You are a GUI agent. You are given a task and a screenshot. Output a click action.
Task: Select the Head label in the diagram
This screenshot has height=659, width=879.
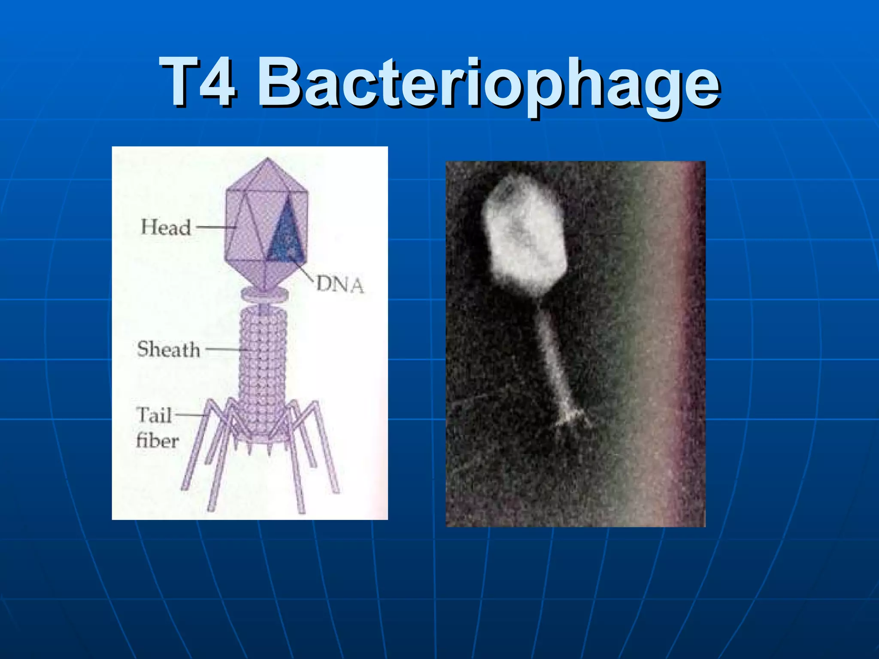tap(166, 227)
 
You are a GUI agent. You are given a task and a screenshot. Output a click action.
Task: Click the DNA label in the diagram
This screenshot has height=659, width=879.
tap(340, 285)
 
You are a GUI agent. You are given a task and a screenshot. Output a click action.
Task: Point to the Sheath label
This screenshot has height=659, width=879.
tap(168, 349)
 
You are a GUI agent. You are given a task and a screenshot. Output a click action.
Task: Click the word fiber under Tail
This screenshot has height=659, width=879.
tap(157, 441)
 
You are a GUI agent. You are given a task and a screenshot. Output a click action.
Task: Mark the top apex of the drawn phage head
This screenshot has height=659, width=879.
tap(268, 159)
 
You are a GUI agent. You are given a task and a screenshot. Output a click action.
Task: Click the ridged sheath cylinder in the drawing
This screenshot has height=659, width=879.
tap(263, 365)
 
